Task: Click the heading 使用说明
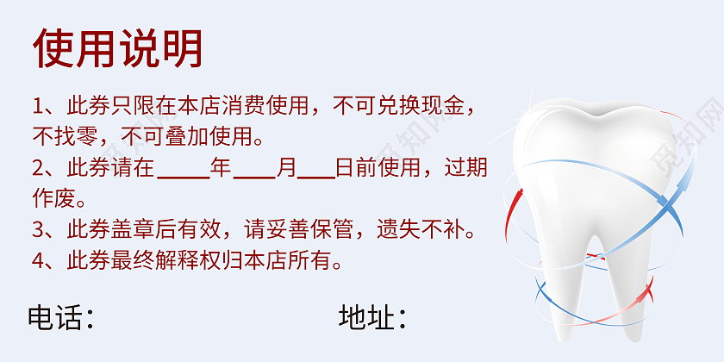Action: click(x=118, y=47)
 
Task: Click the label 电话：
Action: click(x=60, y=317)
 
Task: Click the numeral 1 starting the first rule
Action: click(x=38, y=107)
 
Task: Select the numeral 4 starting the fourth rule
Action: click(x=38, y=260)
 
